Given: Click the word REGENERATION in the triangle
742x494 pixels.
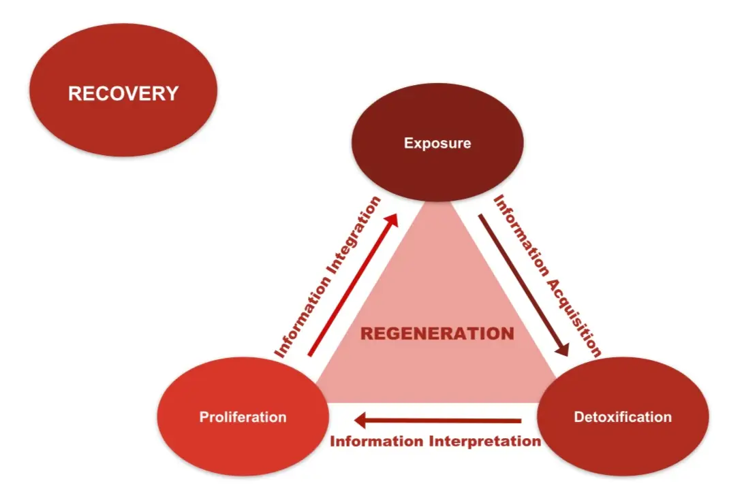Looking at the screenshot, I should [x=437, y=334].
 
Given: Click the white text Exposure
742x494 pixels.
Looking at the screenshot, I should [x=437, y=144].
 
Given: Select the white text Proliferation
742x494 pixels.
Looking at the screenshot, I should [x=243, y=417].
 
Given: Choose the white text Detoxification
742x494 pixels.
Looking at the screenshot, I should [x=623, y=417].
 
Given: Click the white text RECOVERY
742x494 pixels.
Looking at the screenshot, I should [x=123, y=93].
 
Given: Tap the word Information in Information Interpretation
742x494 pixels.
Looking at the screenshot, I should [x=377, y=441].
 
